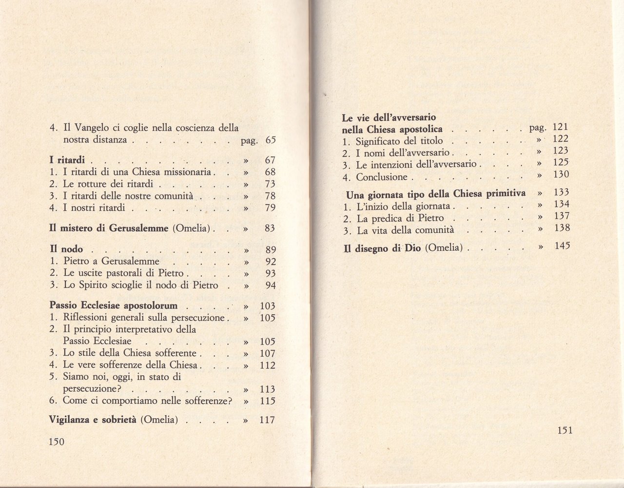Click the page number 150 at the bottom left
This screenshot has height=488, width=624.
(x=57, y=441)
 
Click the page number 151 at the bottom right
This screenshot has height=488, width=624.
(x=564, y=430)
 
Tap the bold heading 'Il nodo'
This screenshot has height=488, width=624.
(x=66, y=249)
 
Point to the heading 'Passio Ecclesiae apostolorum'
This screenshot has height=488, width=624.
(x=113, y=306)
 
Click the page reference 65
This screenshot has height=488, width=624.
(x=271, y=141)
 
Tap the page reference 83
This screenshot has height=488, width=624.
(x=271, y=228)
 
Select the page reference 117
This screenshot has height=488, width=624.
(x=267, y=420)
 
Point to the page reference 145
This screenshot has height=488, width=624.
(x=562, y=246)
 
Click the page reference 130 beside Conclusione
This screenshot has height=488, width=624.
(x=562, y=175)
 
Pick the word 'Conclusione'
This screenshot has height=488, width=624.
(x=382, y=177)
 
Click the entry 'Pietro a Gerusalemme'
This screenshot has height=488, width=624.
(x=112, y=261)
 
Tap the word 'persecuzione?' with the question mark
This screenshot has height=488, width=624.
(x=92, y=389)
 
